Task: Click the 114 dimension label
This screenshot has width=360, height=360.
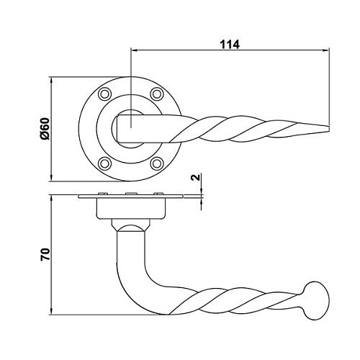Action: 230,45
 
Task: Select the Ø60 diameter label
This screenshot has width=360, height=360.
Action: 45,129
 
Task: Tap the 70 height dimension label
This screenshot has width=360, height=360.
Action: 45,255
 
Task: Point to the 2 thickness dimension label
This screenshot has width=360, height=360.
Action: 196,177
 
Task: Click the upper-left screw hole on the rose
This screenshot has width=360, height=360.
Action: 104,94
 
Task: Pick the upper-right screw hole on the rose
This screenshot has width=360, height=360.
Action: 157,94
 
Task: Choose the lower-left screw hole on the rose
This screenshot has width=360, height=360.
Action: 104,163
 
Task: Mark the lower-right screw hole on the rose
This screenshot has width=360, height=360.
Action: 157,163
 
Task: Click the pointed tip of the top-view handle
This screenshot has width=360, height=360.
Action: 328,129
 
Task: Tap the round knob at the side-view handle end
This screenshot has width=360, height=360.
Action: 315,301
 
